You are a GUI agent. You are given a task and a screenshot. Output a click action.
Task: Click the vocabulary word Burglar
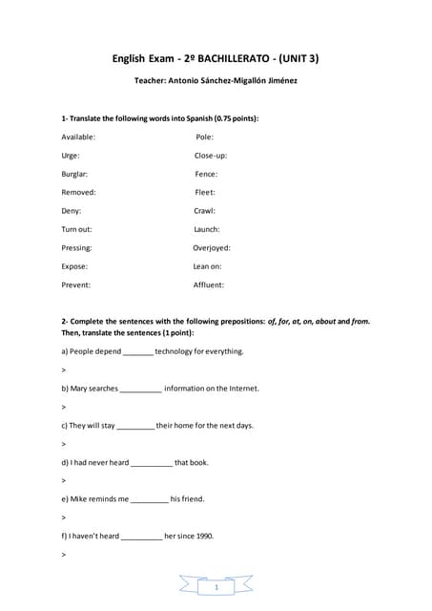coord(74,174)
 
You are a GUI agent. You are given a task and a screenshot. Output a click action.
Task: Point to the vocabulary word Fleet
coord(205,192)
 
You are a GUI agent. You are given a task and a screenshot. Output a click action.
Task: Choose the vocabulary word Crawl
coord(204,210)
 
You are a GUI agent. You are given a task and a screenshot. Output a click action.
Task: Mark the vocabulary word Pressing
coord(76,247)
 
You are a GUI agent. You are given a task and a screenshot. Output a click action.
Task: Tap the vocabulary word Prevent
coord(75,284)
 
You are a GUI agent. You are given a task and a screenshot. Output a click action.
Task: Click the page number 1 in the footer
coord(216,588)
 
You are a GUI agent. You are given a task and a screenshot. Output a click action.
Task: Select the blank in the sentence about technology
coord(138,352)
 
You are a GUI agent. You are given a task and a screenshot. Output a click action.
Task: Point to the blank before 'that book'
coord(152,463)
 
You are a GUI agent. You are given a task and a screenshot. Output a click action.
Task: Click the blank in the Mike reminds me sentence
coord(149,499)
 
